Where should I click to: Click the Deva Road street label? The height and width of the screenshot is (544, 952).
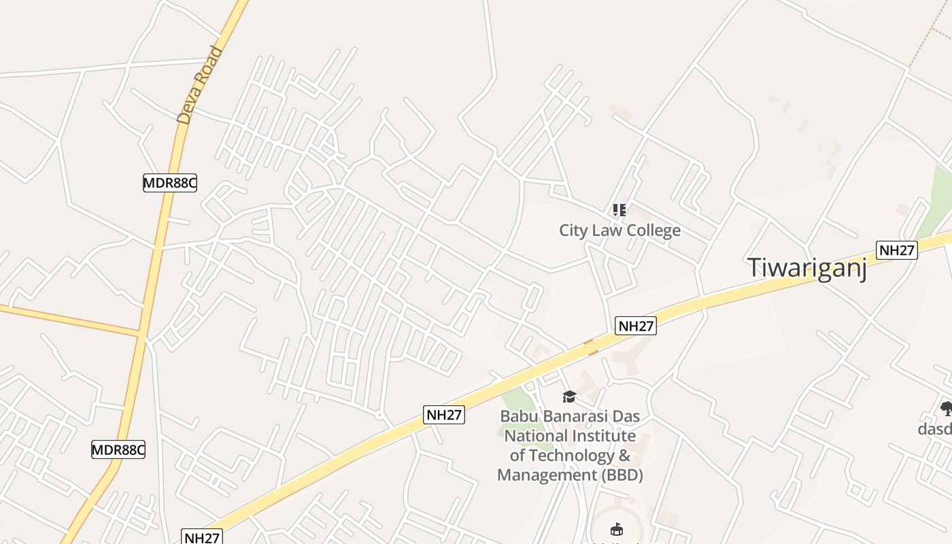tap(200, 84)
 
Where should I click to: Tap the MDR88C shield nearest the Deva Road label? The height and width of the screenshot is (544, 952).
tap(169, 182)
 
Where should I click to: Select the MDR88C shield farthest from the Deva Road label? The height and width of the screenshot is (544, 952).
tap(118, 449)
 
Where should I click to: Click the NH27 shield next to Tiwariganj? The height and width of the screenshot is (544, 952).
tap(896, 250)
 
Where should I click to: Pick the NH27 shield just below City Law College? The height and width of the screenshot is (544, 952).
tap(636, 326)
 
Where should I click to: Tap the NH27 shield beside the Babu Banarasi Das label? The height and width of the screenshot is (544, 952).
tap(444, 415)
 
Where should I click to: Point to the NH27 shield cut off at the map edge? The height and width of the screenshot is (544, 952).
tap(202, 537)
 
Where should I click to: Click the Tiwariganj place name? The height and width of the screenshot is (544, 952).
tap(807, 267)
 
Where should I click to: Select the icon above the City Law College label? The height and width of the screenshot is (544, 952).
tap(619, 209)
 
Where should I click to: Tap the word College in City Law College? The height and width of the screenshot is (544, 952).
tap(653, 231)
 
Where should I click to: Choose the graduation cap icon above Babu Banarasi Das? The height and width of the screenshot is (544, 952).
tap(569, 396)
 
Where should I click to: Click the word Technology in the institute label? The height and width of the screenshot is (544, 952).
tap(571, 455)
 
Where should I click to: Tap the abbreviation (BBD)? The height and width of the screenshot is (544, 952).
tap(622, 475)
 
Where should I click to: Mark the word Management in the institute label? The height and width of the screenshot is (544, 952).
tap(547, 475)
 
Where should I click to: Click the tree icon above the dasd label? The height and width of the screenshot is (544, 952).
tap(946, 408)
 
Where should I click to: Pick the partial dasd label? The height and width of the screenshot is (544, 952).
tap(935, 429)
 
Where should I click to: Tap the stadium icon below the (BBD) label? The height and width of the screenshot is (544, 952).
tap(617, 529)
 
